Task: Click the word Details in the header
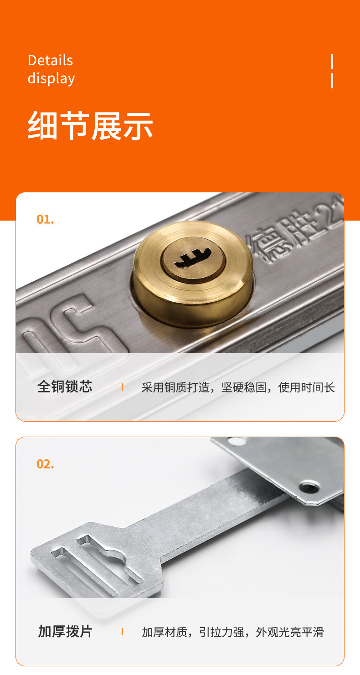click(50, 60)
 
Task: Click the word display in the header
click(51, 78)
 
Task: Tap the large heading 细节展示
click(90, 126)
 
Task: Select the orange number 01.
click(45, 219)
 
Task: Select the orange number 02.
click(45, 464)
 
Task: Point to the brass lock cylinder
click(193, 273)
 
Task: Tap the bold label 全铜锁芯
click(65, 387)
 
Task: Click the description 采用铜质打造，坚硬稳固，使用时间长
click(238, 387)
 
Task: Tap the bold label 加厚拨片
click(65, 632)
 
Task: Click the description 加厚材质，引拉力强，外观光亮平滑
click(232, 632)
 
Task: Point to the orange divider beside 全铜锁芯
click(122, 387)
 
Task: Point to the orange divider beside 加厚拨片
click(122, 632)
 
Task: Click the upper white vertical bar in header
click(331, 61)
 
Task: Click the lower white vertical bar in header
click(331, 80)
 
